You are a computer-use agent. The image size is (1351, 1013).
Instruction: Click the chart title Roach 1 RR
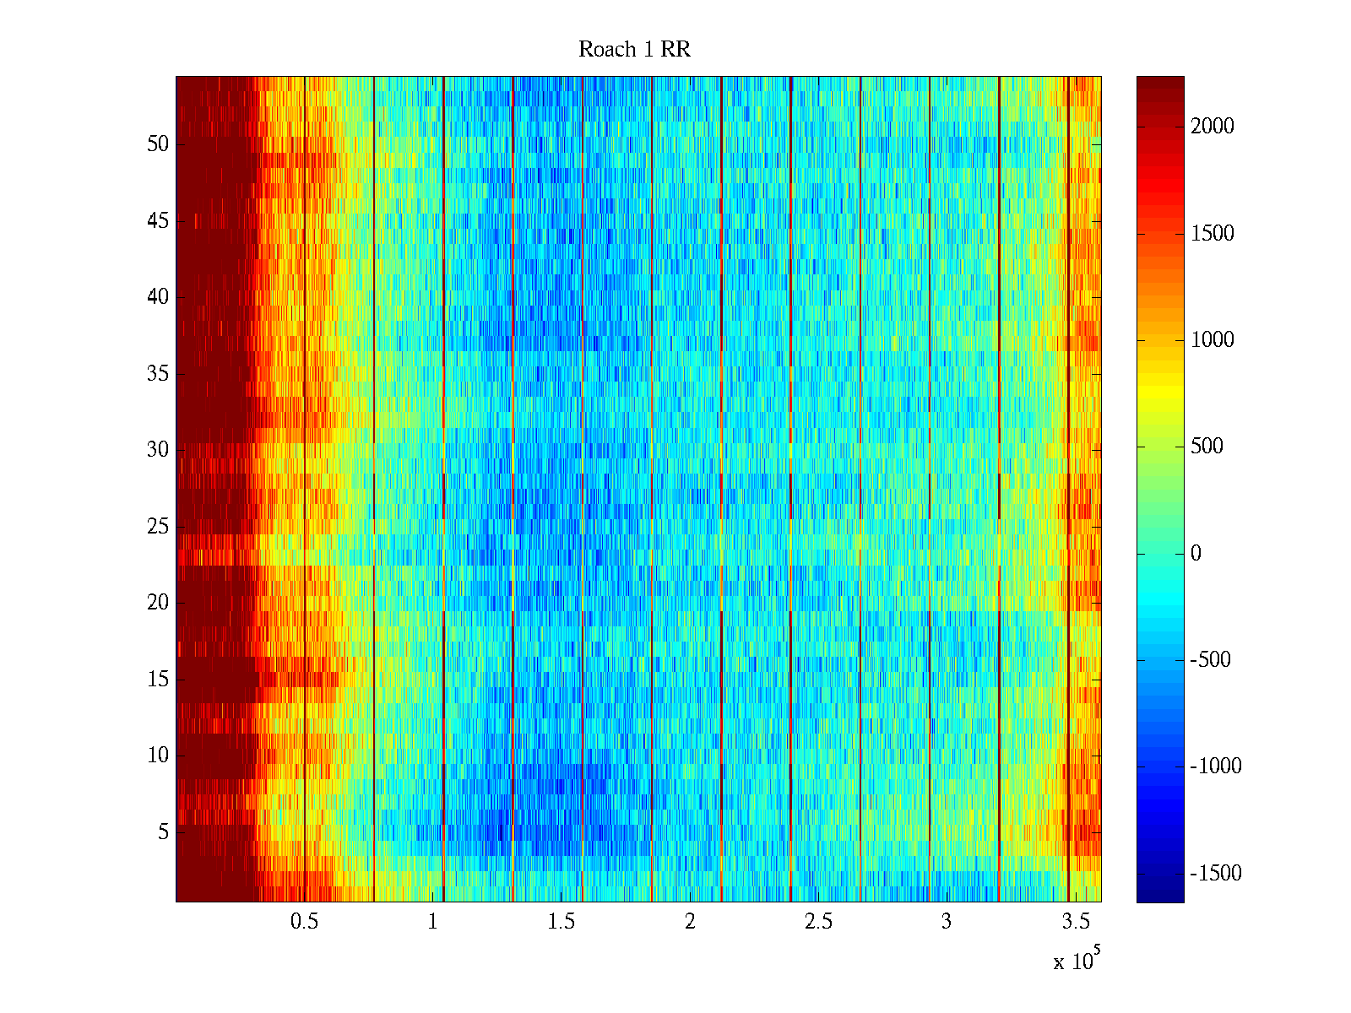(634, 50)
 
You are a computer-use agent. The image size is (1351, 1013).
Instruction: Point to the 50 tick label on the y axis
(158, 144)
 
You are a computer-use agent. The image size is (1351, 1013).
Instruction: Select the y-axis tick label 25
(158, 527)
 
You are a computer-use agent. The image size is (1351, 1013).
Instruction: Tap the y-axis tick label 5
(163, 832)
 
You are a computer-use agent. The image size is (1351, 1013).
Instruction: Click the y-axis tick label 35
(158, 374)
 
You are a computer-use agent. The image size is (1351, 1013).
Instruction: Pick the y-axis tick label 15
(158, 680)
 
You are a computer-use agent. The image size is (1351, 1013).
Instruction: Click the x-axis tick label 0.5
(304, 922)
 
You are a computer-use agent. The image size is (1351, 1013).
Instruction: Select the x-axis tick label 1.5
(561, 922)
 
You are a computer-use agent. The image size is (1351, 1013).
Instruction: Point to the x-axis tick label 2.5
(817, 922)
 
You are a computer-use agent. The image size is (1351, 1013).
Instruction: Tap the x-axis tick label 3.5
(1074, 922)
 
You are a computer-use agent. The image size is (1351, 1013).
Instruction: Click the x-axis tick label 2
(690, 922)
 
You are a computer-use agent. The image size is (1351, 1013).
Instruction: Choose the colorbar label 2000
(1212, 127)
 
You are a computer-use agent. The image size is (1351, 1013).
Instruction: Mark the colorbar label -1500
(1216, 874)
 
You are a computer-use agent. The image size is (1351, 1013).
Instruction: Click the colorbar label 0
(1196, 554)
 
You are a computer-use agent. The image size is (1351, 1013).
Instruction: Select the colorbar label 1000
(1212, 340)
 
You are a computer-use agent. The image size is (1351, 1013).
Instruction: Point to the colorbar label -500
(1211, 660)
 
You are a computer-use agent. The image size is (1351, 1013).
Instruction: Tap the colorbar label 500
(1207, 447)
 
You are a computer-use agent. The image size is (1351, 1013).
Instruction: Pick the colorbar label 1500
(1212, 234)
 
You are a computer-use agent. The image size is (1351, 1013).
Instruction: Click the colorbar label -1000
(1216, 767)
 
